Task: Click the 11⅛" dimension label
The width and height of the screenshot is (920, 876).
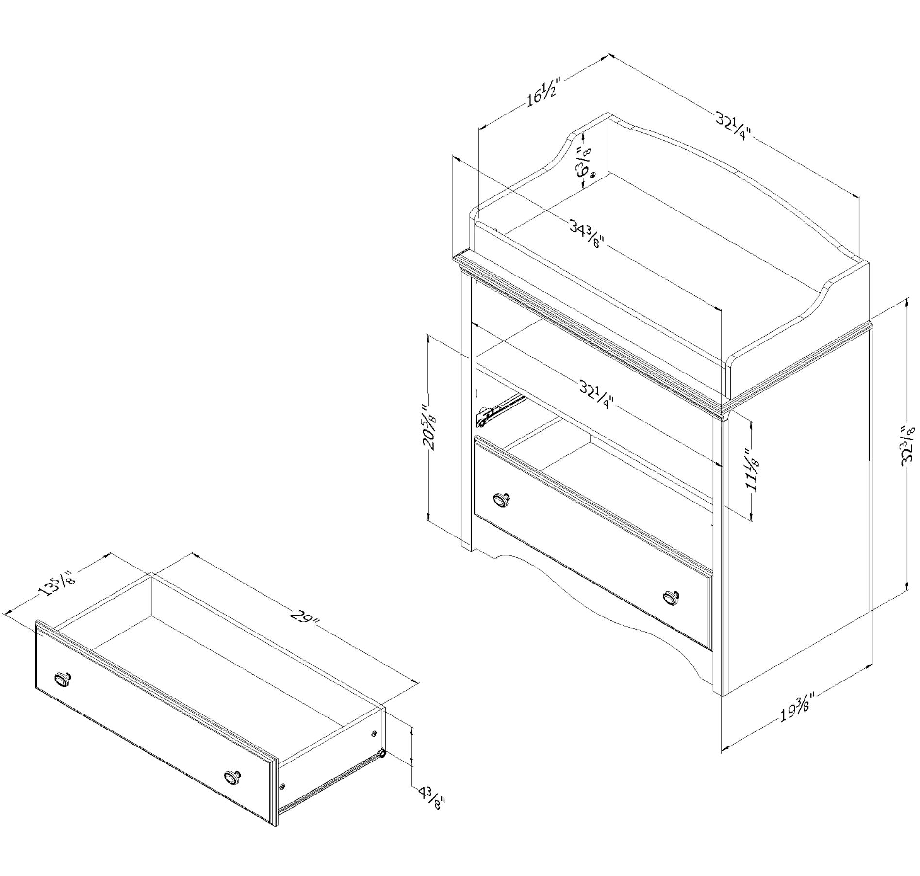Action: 752,469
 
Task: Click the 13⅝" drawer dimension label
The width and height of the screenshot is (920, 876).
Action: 56,584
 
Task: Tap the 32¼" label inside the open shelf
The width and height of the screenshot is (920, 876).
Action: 596,394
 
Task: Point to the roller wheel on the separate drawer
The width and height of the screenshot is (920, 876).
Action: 382,754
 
